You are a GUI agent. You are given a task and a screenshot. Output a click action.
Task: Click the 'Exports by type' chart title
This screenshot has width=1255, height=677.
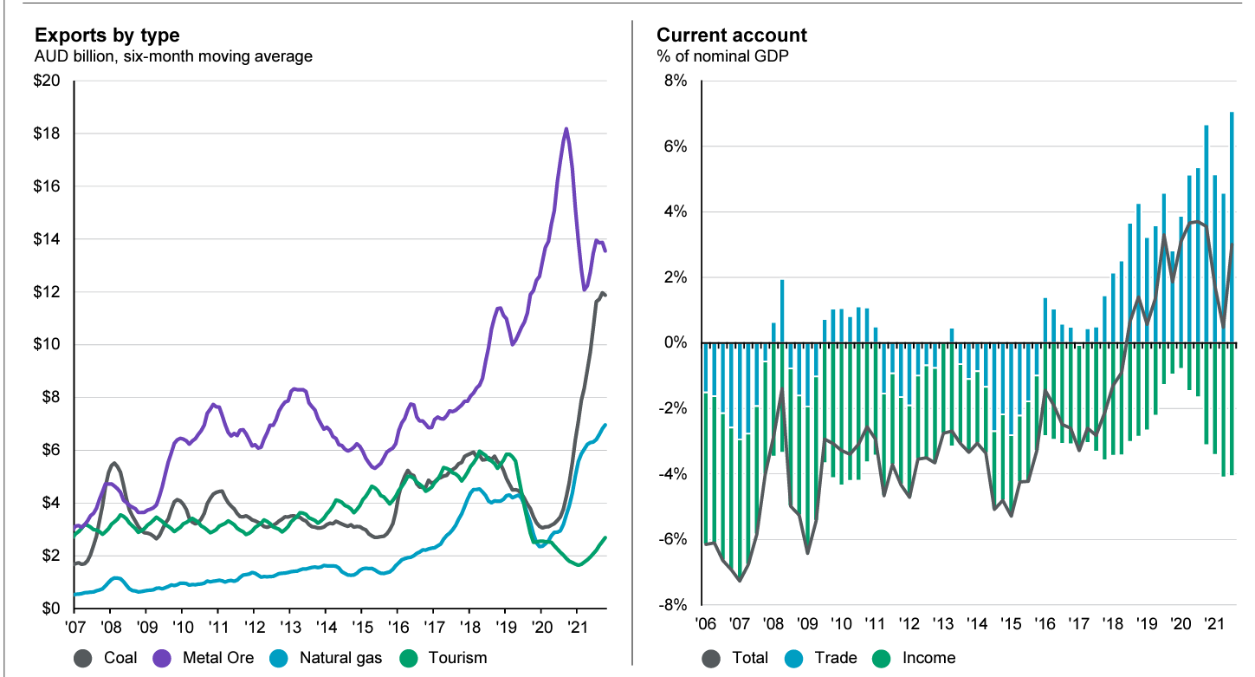tap(107, 36)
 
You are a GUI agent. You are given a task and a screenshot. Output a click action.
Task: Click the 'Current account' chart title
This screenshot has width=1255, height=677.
tap(731, 36)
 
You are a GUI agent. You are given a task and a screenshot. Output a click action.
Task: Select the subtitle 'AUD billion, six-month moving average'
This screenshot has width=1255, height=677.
tap(173, 57)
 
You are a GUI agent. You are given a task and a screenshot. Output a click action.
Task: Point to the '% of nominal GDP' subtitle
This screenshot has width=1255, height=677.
tap(715, 57)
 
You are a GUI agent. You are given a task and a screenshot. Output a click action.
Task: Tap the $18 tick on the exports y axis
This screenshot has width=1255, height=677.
tap(47, 134)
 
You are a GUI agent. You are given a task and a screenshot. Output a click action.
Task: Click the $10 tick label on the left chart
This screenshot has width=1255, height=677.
tap(47, 345)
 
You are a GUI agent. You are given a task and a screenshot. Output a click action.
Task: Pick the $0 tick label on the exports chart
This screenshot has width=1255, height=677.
tap(50, 609)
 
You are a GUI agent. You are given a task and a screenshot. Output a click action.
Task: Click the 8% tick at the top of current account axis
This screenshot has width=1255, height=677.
tap(676, 81)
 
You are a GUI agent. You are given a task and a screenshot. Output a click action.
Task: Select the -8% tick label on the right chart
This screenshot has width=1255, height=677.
tap(673, 605)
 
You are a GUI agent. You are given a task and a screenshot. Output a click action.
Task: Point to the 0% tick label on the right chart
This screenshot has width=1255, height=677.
tap(676, 343)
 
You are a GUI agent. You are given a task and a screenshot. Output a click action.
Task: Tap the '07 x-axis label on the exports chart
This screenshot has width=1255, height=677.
tap(75, 626)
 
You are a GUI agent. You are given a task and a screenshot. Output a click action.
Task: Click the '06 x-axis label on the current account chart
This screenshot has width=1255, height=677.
tap(705, 626)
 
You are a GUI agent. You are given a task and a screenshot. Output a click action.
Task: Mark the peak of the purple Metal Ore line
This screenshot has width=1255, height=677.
tap(566, 129)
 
